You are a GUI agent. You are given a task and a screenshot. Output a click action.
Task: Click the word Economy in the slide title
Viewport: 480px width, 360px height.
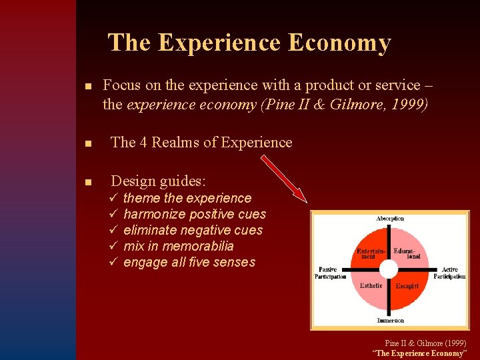339,43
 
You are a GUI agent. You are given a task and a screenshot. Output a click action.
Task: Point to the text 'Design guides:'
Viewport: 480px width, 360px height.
159,181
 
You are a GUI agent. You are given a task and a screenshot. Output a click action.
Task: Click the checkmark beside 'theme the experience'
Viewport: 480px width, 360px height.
114,198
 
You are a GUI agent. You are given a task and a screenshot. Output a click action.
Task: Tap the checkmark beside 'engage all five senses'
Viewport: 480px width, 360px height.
114,262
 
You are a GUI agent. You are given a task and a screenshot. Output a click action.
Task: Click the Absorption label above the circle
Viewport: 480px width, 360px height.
390,219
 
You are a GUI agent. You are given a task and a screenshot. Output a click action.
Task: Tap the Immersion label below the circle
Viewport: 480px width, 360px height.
390,321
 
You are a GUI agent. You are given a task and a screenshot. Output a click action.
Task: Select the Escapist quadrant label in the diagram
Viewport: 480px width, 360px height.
407,286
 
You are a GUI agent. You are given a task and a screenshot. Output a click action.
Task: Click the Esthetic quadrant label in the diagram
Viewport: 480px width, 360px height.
371,285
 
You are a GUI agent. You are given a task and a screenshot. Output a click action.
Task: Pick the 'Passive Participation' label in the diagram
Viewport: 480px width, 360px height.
330,273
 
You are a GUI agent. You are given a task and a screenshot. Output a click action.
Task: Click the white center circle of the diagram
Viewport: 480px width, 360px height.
389,269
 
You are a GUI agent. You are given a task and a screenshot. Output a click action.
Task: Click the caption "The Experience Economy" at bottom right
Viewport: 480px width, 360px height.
419,353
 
